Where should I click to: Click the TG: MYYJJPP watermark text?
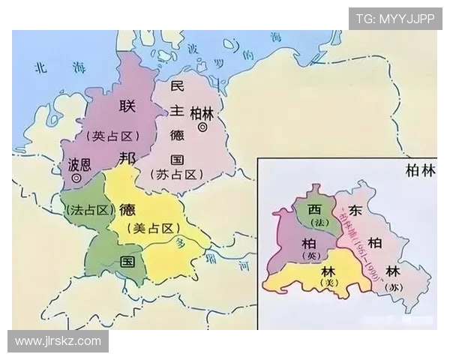pos(395,19)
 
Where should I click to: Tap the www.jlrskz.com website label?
pos(58,341)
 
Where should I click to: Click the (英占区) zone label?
pos(112,136)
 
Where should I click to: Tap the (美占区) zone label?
pos(151,228)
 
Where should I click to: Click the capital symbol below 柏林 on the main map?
pos(202,129)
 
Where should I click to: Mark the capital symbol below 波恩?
pos(77,178)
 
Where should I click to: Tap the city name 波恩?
pos(80,163)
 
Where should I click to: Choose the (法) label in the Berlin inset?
pos(317,223)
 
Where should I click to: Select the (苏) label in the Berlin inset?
pos(394,286)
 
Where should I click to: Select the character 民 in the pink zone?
pos(177,85)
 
